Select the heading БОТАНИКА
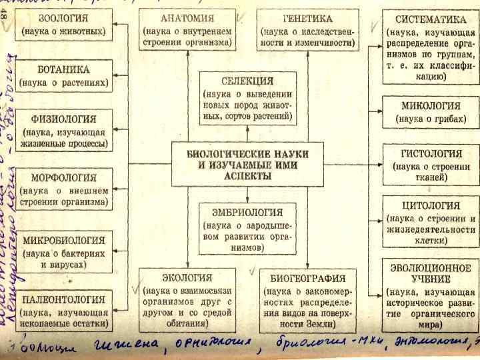click(64, 70)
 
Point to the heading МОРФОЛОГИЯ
click(64, 179)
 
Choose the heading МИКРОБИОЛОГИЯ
click(64, 240)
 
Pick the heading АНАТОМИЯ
click(187, 18)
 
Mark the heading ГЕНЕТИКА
click(307, 19)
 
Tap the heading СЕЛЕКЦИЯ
click(247, 81)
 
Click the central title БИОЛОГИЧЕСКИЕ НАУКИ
click(247, 153)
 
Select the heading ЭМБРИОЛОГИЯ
click(247, 213)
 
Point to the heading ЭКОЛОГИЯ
click(187, 277)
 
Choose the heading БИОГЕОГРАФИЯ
click(307, 278)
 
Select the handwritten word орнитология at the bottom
click(215, 343)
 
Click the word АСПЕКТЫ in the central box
click(247, 176)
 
